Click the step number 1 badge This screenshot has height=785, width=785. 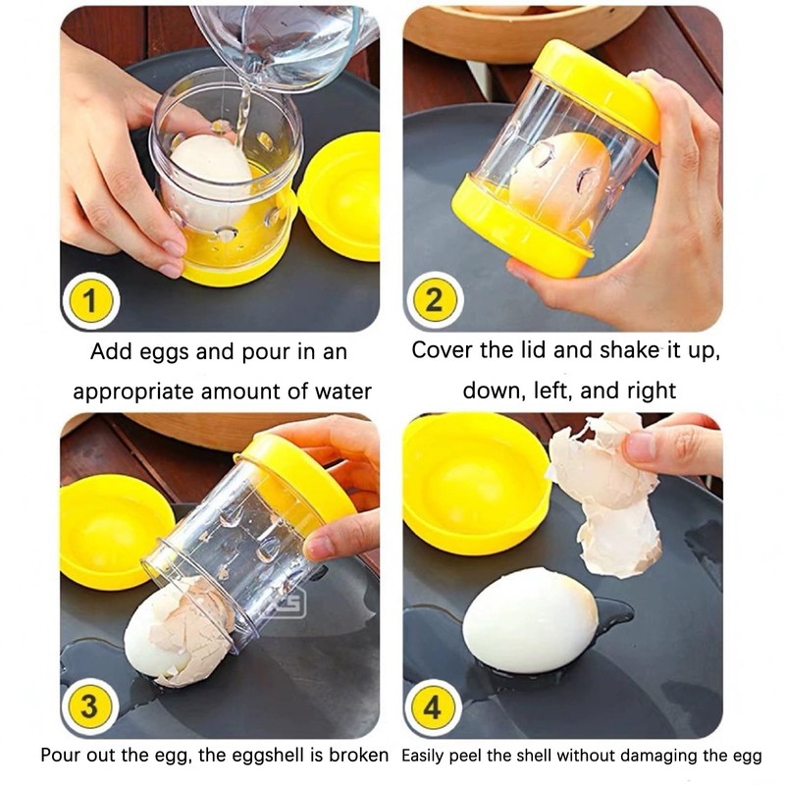pos(90,301)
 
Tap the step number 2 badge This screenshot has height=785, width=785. pos(434,301)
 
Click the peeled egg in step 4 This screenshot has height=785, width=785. pos(530,620)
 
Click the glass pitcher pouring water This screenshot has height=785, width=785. pos(285,44)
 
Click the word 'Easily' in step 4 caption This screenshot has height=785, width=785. pos(430,757)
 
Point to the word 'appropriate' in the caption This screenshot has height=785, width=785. pos(132,392)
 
